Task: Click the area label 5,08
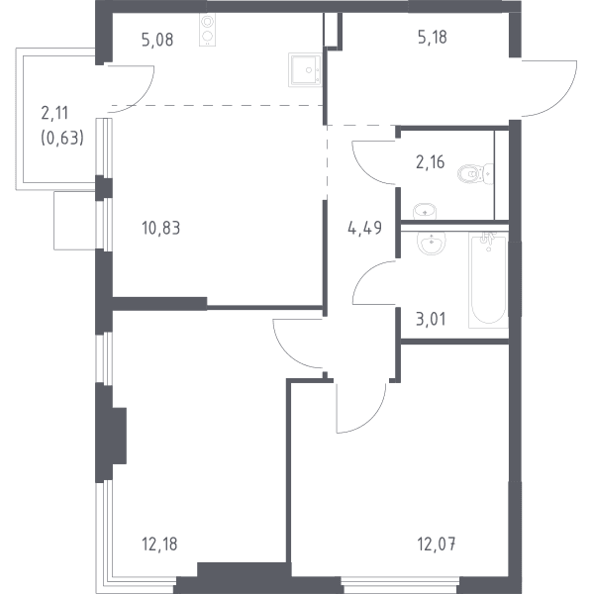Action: tap(157, 40)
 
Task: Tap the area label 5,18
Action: tap(433, 38)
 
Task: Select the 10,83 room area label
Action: tap(161, 228)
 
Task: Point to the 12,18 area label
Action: tap(159, 544)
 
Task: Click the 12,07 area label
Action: tap(437, 544)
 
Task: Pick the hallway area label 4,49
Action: tap(364, 228)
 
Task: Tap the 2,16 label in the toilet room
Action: tap(431, 162)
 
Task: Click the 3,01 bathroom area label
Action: tap(431, 319)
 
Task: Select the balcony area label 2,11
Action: tap(54, 113)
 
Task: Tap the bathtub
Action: tap(488, 280)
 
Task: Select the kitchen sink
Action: tap(305, 69)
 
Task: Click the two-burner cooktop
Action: tap(207, 30)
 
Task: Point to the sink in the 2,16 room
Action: tap(425, 211)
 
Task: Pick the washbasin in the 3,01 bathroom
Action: tap(431, 243)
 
